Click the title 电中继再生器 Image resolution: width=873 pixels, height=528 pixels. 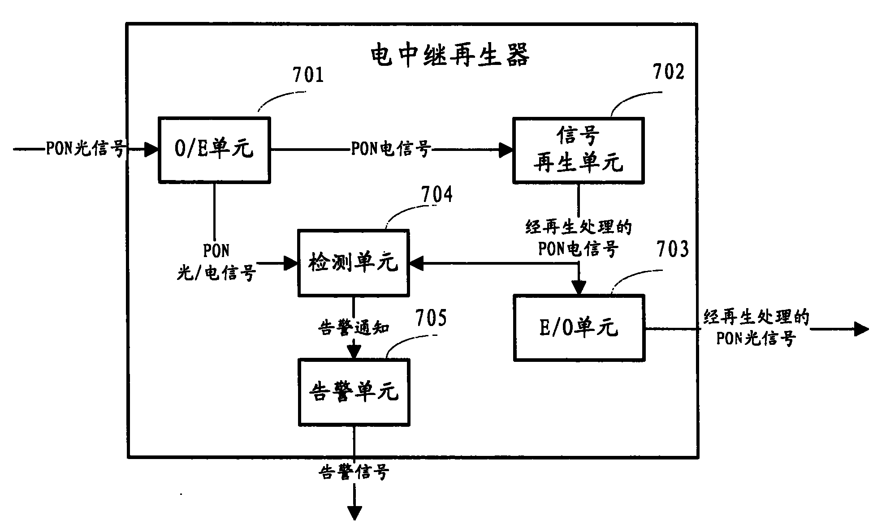450,56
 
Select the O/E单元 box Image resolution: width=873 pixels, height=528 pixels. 214,150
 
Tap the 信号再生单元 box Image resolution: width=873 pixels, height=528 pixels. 578,150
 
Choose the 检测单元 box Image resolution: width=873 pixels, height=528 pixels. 354,263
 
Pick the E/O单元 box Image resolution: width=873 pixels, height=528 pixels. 579,328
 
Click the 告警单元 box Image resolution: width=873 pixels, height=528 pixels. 354,392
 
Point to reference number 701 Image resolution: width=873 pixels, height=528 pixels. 308,74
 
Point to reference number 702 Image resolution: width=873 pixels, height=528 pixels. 668,72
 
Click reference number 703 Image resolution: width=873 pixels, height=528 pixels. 672,249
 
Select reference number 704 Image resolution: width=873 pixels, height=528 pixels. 436,195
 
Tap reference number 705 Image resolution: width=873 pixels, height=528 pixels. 431,318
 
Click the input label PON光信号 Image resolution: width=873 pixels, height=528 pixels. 85,149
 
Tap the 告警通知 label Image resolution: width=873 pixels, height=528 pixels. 354,327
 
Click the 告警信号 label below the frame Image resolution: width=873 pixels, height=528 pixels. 354,472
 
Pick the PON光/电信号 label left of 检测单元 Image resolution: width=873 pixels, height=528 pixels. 216,262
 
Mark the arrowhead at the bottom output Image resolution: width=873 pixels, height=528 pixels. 354,513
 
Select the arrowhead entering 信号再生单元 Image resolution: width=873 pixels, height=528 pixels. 506,150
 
